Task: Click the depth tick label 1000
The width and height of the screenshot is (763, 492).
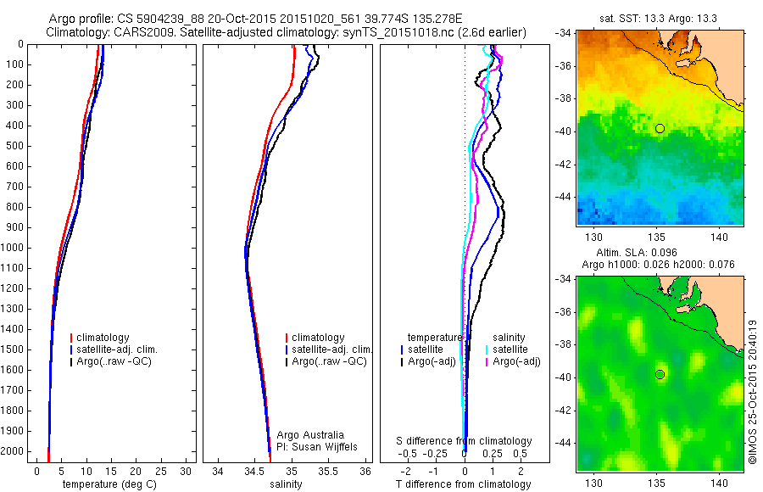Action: [x=13, y=248]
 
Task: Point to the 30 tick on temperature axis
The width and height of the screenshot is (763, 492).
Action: [x=186, y=470]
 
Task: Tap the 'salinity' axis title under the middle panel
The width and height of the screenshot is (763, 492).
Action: [x=287, y=484]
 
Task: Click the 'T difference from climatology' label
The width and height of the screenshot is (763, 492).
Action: [x=464, y=484]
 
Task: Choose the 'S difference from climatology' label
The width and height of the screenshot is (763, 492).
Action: [x=464, y=441]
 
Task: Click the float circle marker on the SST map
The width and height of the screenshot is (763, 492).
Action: [x=660, y=128]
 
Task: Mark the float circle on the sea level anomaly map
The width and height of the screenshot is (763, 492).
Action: [x=660, y=374]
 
